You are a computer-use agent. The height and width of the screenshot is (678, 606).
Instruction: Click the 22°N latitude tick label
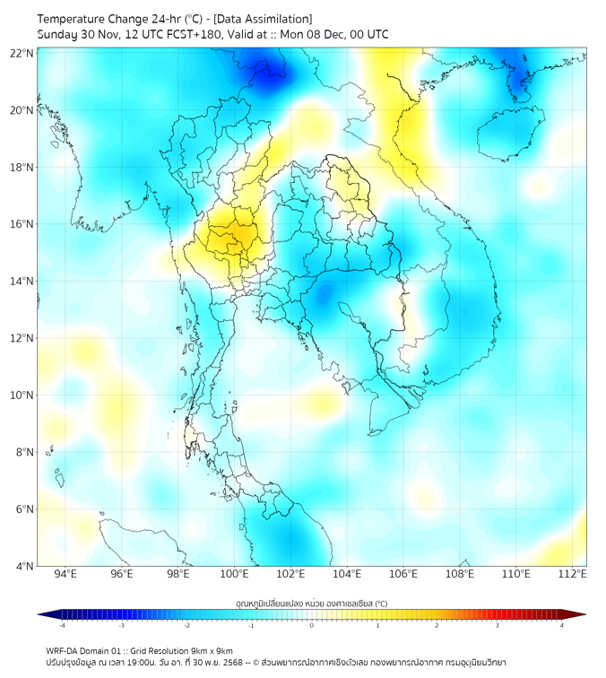pos(22,54)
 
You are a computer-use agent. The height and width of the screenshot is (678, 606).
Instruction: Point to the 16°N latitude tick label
pos(22,224)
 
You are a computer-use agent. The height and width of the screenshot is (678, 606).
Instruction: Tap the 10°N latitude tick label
pos(22,395)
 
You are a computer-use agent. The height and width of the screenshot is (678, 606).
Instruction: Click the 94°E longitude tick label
pos(65,574)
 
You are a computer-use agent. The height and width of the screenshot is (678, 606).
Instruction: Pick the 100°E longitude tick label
pos(234,574)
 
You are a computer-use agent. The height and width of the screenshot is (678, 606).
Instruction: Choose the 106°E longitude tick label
pos(403,574)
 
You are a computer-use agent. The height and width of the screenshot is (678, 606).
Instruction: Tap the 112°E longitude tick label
pos(573,574)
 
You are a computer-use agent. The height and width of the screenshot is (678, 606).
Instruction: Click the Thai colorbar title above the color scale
pos(311,603)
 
